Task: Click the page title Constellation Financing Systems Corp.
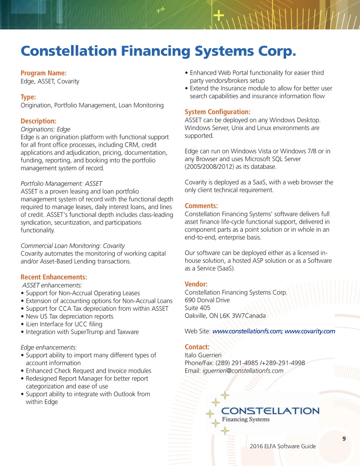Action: click(x=158, y=51)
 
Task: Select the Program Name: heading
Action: click(x=44, y=73)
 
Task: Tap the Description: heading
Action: click(x=38, y=121)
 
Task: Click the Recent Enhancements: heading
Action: click(x=54, y=277)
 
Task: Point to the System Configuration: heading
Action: click(x=217, y=112)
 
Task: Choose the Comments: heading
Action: click(x=201, y=206)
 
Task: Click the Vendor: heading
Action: click(x=196, y=284)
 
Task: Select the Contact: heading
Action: click(x=197, y=347)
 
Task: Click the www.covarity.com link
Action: click(x=310, y=331)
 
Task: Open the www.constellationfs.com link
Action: click(x=247, y=331)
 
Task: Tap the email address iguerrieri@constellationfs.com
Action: click(x=243, y=371)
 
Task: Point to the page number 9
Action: click(x=344, y=439)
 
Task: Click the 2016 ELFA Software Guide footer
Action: click(x=283, y=446)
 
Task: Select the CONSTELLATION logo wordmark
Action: click(x=270, y=411)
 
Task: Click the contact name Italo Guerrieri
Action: click(x=203, y=355)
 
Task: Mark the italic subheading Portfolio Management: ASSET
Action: click(x=61, y=184)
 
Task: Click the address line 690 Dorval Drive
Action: click(x=207, y=300)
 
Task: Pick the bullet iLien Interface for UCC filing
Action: click(x=64, y=324)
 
